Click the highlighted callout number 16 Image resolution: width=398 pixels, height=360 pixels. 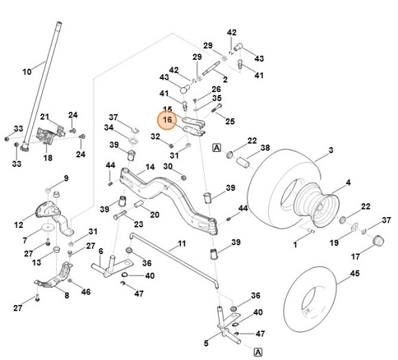coord(167,120)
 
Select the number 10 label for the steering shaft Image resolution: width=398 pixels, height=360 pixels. coord(27,71)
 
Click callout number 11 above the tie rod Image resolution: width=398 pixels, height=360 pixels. coord(182,244)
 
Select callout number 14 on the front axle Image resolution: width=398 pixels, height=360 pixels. coord(150,168)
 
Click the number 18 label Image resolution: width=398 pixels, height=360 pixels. coord(47,157)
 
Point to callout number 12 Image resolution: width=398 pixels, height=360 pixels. coord(19,225)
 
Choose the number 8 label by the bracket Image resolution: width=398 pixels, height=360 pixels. coord(67,296)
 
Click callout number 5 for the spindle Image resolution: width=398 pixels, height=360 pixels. coord(206,343)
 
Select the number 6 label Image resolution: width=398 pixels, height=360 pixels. coord(100,251)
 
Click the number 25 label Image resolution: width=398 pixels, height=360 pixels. coord(230,122)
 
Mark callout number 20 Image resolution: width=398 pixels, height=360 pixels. coord(155,214)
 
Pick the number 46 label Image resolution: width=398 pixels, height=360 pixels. coord(86,292)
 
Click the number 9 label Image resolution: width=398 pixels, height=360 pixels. coord(66,179)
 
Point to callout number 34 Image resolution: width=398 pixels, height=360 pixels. coord(110,128)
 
